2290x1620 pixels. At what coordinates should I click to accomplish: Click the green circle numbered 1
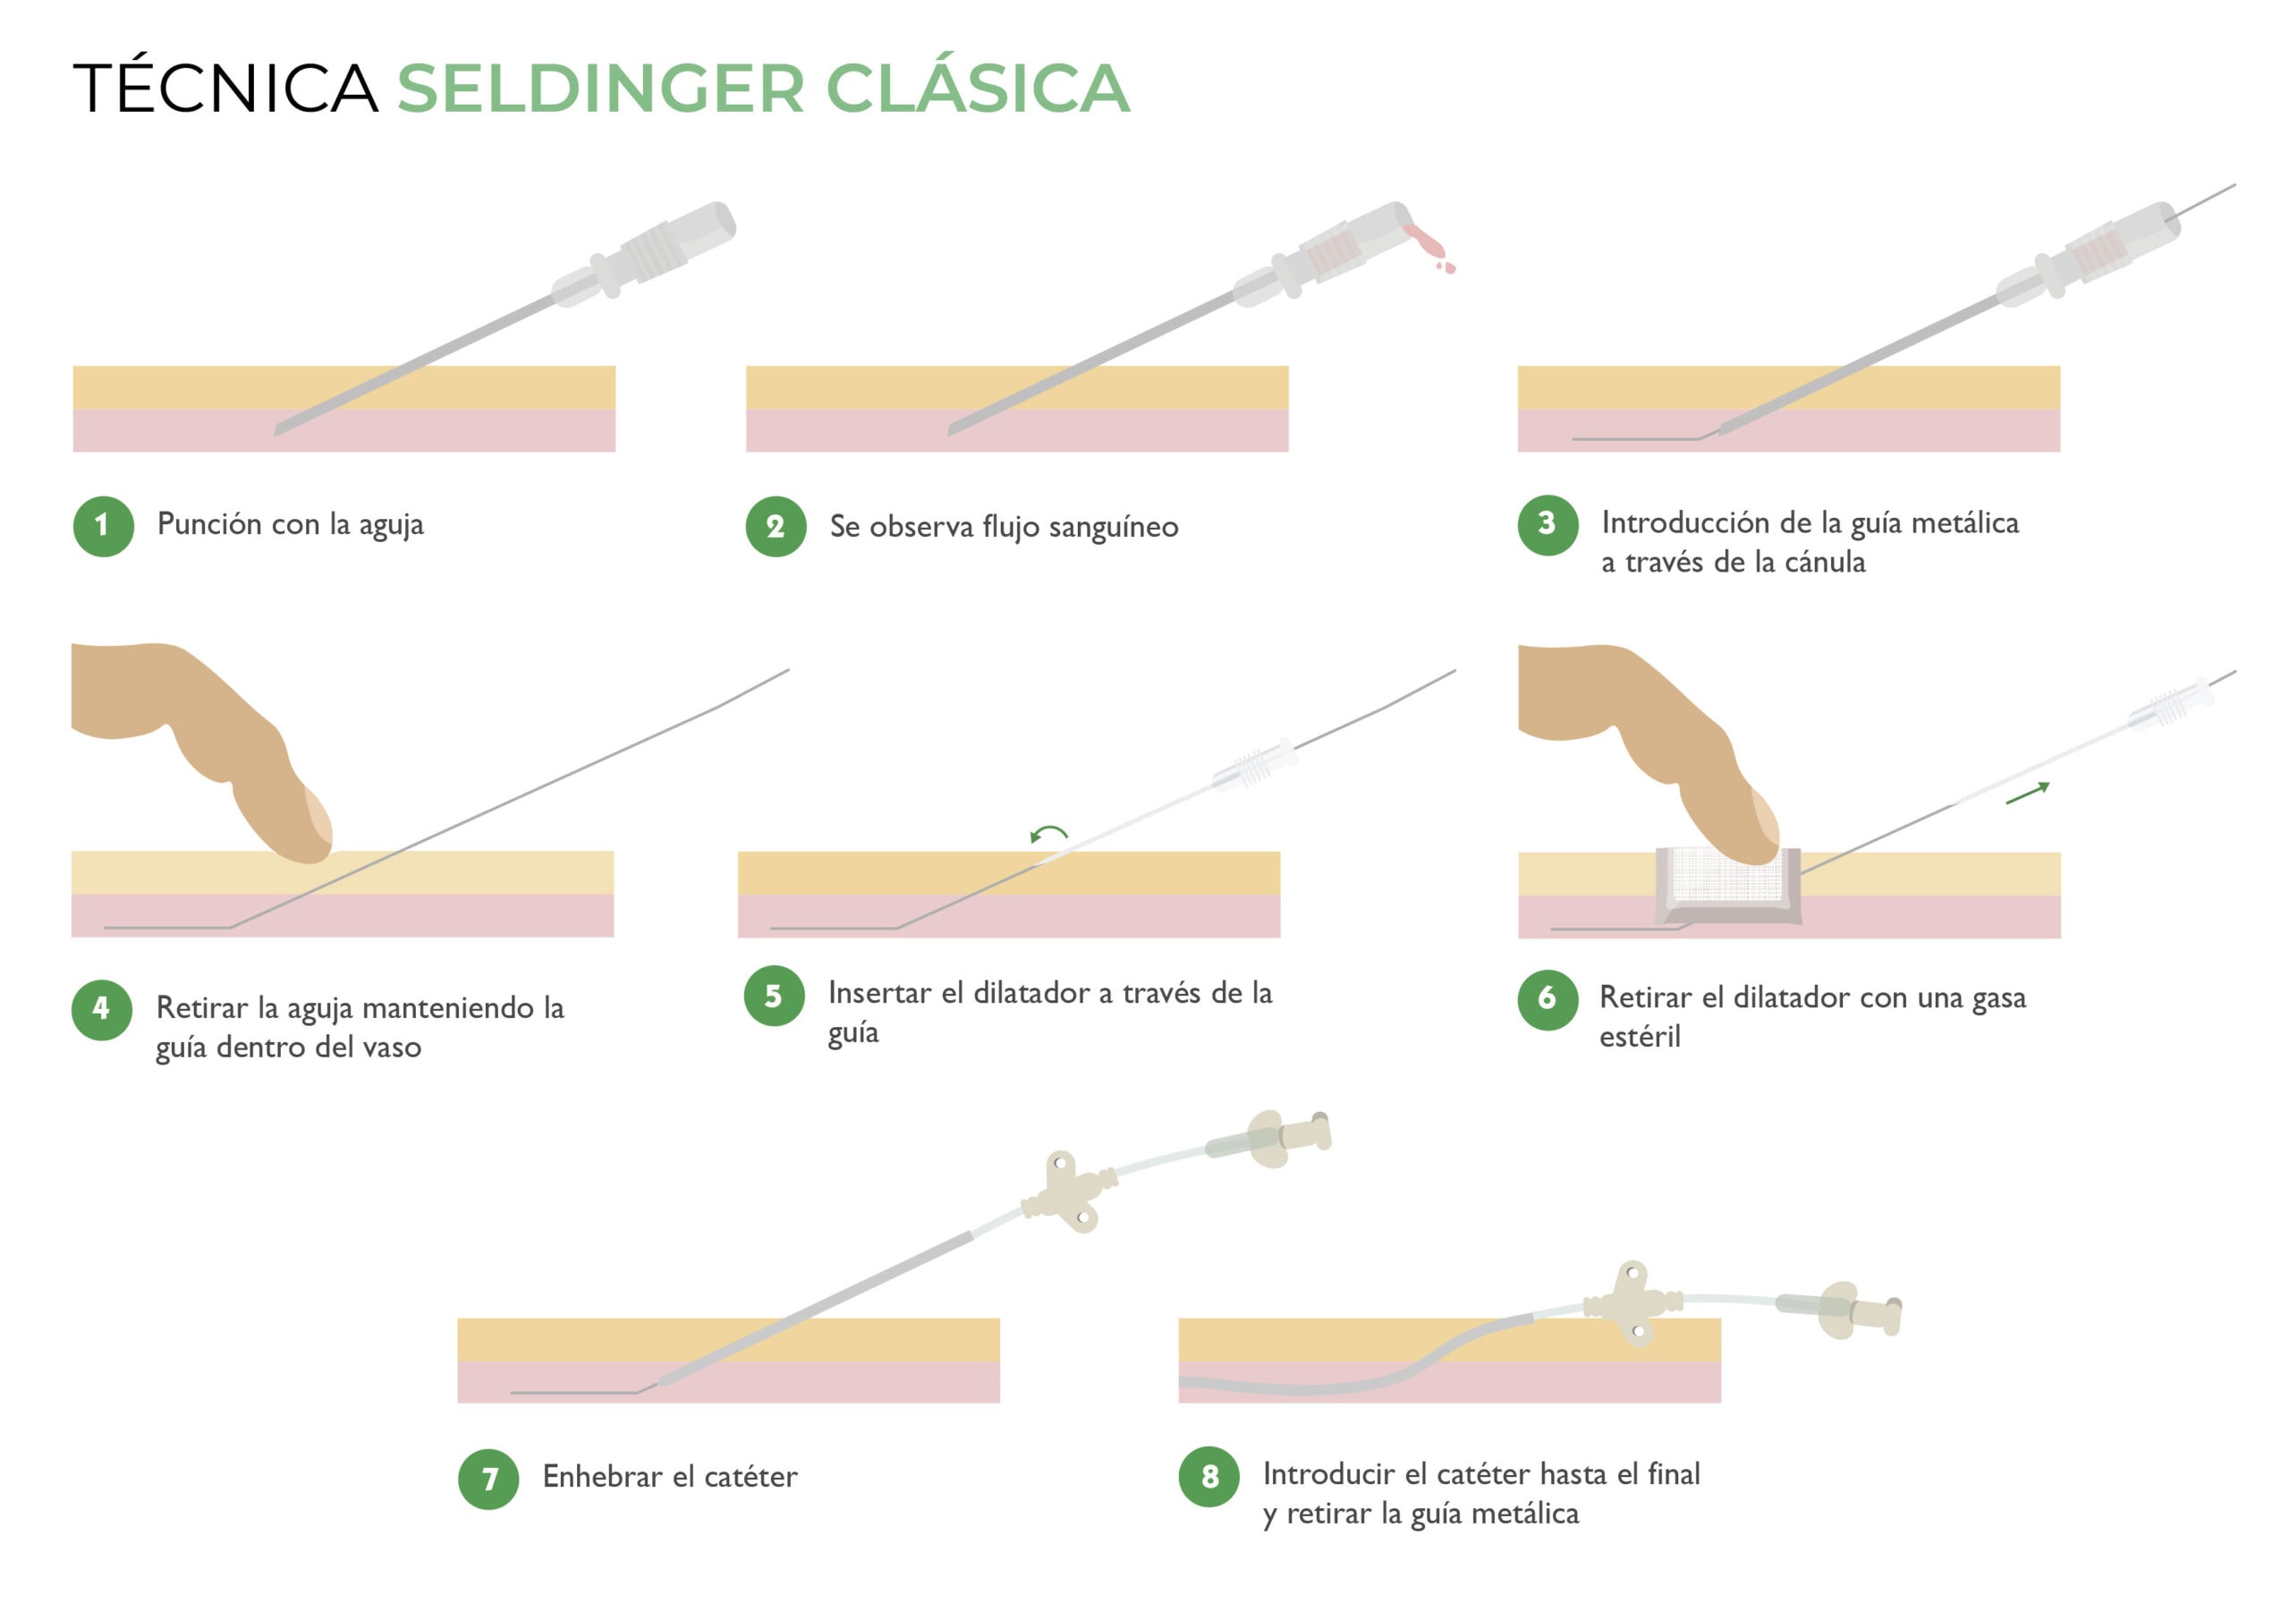[x=103, y=526]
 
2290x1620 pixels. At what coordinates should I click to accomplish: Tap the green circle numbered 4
[x=102, y=1010]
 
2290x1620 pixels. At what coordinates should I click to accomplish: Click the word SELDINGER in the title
[x=600, y=89]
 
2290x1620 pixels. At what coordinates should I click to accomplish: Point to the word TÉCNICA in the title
[x=225, y=89]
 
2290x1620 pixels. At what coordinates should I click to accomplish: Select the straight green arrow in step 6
[x=2027, y=794]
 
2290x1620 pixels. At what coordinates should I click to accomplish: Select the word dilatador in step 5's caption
[x=1031, y=993]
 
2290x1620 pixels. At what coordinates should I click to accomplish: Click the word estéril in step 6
[x=1640, y=1038]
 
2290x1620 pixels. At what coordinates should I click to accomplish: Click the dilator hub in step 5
[x=1255, y=766]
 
